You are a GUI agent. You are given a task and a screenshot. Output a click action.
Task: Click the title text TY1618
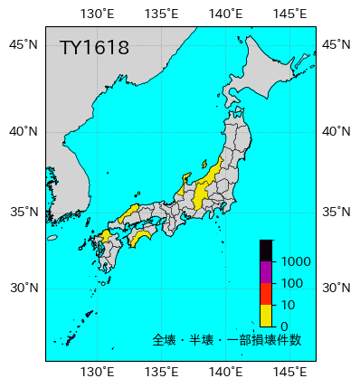(94, 48)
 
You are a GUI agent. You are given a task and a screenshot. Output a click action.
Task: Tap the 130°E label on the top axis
(98, 13)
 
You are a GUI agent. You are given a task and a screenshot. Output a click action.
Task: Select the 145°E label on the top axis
(289, 13)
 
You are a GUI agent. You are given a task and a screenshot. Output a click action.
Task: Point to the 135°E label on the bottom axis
(161, 372)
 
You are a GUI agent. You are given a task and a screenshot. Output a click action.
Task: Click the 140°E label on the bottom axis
(225, 372)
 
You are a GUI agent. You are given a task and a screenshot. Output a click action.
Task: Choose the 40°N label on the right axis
(337, 131)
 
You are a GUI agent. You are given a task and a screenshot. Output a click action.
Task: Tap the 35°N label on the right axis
(337, 213)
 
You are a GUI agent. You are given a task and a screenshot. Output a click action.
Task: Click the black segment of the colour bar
(266, 251)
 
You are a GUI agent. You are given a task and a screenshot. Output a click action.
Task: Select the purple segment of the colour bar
(266, 272)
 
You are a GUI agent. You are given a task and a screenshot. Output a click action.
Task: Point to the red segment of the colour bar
(266, 294)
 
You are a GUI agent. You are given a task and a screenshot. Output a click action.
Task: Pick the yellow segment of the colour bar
(266, 315)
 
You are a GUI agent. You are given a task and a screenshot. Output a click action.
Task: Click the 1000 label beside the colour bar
(296, 262)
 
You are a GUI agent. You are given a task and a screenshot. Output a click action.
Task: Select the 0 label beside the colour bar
(284, 326)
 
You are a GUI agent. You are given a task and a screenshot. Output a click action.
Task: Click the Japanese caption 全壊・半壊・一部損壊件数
(227, 341)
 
